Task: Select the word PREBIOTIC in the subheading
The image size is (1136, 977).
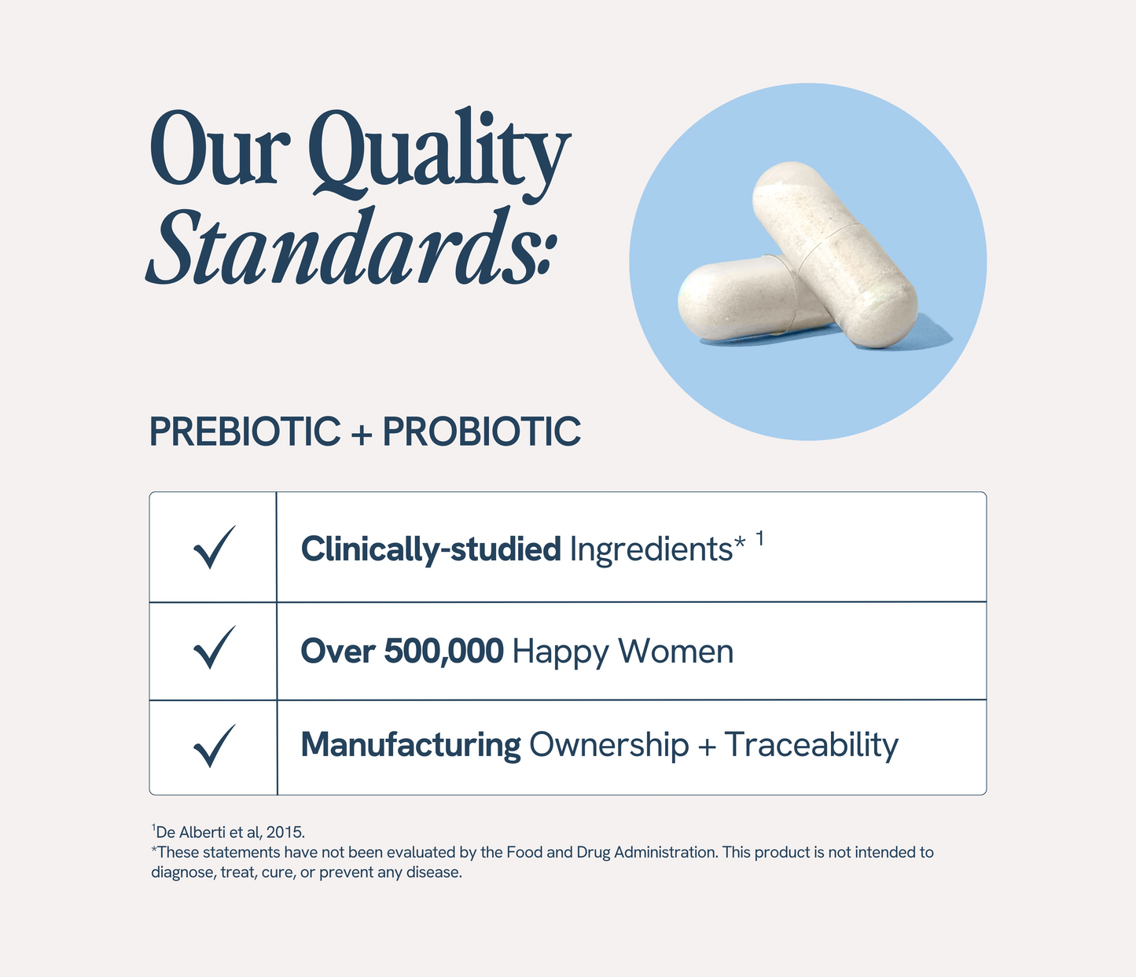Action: click(x=244, y=432)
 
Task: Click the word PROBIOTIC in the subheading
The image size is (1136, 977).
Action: click(x=481, y=432)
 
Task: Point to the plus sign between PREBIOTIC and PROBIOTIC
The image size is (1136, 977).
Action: click(x=361, y=434)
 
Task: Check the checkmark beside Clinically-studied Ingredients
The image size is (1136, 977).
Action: click(x=214, y=548)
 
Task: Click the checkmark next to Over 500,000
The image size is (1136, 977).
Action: click(x=214, y=648)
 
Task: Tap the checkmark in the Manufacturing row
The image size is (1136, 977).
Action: click(x=214, y=746)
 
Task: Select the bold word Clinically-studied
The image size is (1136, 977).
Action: click(x=430, y=549)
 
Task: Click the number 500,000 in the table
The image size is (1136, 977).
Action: click(x=443, y=651)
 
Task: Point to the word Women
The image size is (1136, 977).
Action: click(x=675, y=651)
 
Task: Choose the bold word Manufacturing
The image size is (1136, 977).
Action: click(x=410, y=745)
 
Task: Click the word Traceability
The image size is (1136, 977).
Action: click(x=811, y=745)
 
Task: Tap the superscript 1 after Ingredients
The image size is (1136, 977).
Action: click(x=759, y=538)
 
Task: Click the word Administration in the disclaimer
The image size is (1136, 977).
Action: click(x=666, y=852)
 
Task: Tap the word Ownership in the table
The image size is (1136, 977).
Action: click(x=608, y=745)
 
